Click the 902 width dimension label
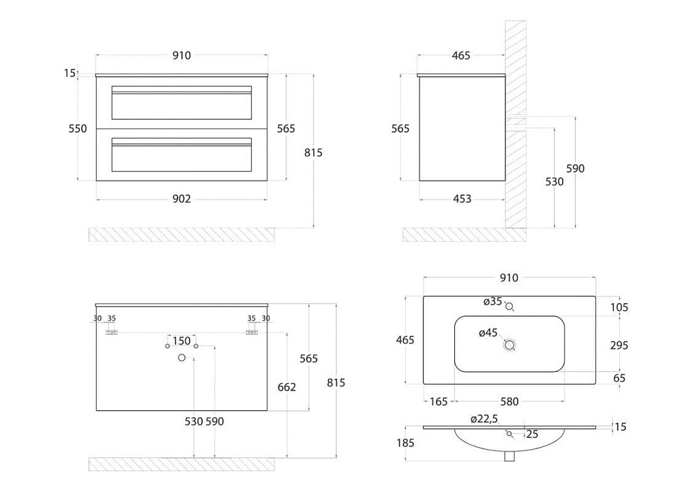(x=181, y=198)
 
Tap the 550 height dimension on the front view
(x=78, y=129)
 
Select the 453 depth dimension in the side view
(x=462, y=198)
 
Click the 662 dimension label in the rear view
(x=286, y=387)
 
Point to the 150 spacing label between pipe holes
(x=181, y=341)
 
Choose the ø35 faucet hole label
(x=493, y=301)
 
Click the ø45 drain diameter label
(x=488, y=333)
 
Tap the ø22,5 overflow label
(x=484, y=419)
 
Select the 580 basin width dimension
(x=509, y=401)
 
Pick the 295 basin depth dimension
(x=619, y=345)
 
